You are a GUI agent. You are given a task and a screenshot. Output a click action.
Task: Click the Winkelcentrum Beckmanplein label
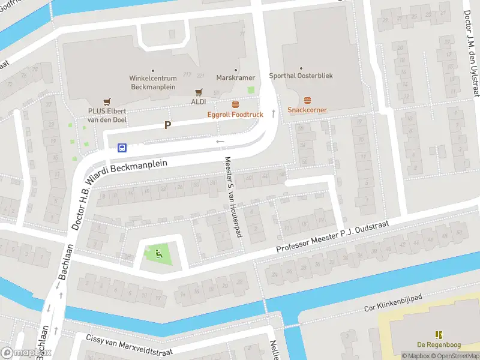coord(152,82)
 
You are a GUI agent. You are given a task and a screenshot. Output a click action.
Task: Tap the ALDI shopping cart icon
coord(199,92)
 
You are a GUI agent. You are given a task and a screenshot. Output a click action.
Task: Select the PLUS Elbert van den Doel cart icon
coord(107,102)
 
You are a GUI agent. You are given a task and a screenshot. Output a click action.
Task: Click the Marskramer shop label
coord(236,78)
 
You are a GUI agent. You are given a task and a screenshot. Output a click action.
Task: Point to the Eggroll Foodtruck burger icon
coord(236,104)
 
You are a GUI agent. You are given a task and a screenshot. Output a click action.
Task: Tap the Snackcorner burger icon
coord(308,100)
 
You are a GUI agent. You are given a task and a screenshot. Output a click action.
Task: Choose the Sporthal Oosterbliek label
coord(301,76)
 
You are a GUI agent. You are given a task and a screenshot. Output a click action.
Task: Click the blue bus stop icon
coord(122,147)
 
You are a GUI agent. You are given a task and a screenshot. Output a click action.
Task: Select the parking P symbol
coord(168,125)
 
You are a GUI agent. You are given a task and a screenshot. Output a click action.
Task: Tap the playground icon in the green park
coord(159,254)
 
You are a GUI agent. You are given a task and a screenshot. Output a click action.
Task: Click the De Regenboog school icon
coord(439,334)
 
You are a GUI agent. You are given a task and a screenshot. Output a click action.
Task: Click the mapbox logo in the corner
coord(26,353)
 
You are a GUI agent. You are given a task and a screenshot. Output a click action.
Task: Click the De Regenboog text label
coord(439,344)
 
